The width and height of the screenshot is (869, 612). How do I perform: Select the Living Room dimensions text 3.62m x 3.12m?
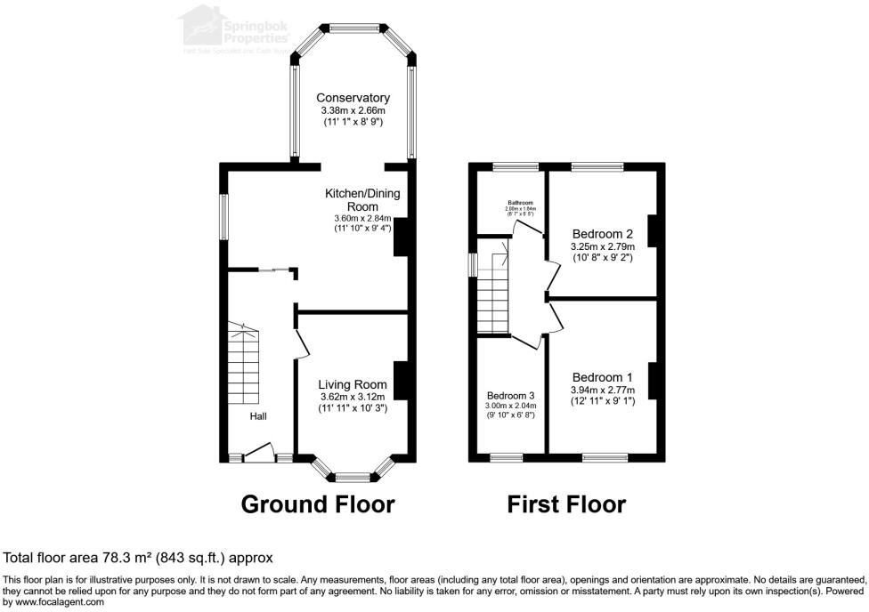(x=354, y=397)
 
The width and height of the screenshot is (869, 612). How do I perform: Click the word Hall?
(x=257, y=416)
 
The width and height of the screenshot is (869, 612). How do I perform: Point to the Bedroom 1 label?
(x=604, y=376)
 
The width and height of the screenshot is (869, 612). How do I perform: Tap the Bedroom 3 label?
(x=511, y=396)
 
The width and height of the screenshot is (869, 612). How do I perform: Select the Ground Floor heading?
(x=318, y=504)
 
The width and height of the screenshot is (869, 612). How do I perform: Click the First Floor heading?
(x=566, y=504)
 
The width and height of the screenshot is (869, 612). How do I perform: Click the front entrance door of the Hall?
(x=259, y=456)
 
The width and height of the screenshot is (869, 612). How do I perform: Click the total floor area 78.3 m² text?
(x=138, y=558)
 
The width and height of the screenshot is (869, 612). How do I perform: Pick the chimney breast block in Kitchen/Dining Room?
(x=401, y=238)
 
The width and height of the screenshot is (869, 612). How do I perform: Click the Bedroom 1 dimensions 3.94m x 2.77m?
(x=603, y=390)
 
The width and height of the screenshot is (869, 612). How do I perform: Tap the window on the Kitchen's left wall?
(x=224, y=216)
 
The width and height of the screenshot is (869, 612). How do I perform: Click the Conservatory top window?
(x=353, y=26)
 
